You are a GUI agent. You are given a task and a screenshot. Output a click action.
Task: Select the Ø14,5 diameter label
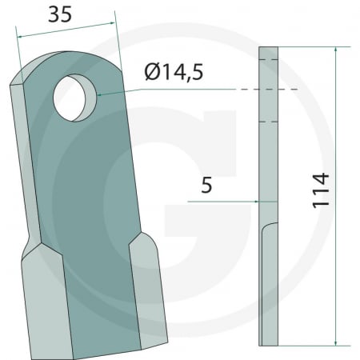(x=174, y=73)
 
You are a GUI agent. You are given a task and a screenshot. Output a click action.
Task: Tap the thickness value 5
(x=207, y=186)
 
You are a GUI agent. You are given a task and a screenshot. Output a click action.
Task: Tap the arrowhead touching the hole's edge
(x=99, y=95)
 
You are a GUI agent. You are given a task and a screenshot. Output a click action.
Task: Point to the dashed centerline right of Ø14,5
(x=264, y=90)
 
